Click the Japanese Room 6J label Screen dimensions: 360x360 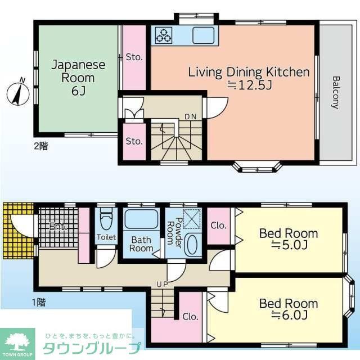point(79,78)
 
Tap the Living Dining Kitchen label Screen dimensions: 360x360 point(249,78)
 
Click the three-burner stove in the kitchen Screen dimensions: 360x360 point(164,35)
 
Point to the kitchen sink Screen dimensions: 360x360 point(203,35)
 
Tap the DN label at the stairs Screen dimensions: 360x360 point(191,117)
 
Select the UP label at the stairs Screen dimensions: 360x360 point(163,284)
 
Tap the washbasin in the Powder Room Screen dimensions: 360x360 point(192,245)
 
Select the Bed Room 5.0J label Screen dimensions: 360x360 point(287,238)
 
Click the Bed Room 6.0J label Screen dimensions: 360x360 point(287,309)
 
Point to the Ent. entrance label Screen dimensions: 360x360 point(57,227)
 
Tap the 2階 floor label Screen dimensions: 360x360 point(40,146)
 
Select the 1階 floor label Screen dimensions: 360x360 point(38,303)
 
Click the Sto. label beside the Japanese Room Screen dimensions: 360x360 point(134,57)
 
